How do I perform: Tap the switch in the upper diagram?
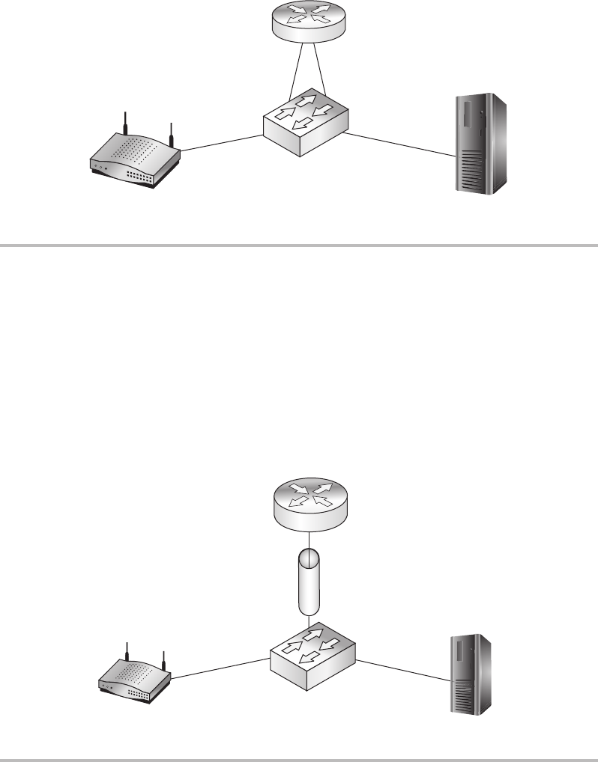click(x=306, y=124)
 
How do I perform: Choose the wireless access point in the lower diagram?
click(x=135, y=684)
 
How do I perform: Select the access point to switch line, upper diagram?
click(x=222, y=143)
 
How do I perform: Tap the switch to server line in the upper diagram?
click(x=402, y=144)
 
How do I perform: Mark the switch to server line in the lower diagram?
click(x=405, y=668)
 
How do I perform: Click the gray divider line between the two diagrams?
click(x=299, y=244)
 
